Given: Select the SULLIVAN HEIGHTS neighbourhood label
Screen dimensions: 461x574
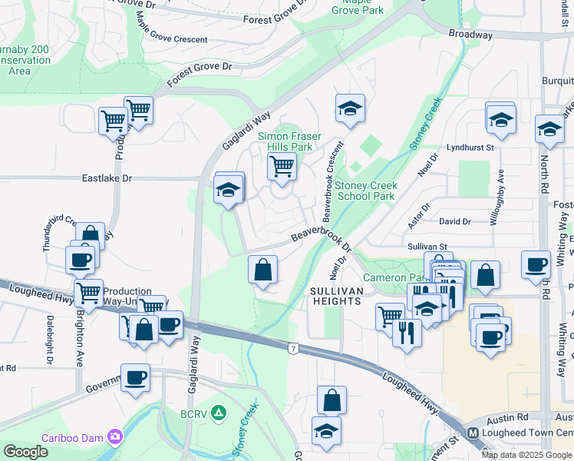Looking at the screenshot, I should pyautogui.click(x=335, y=296).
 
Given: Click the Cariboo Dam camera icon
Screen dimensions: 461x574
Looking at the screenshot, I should pyautogui.click(x=116, y=436).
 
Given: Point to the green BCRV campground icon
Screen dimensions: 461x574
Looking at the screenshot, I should pyautogui.click(x=219, y=413).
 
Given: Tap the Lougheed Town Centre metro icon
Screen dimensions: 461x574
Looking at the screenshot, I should pyautogui.click(x=473, y=433).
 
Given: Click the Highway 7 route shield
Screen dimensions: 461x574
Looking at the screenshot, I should pyautogui.click(x=293, y=349).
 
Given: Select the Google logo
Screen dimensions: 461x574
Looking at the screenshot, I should pyautogui.click(x=25, y=452).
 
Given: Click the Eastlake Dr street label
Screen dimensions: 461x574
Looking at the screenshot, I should pyautogui.click(x=107, y=178).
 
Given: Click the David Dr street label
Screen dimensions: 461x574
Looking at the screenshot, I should pyautogui.click(x=455, y=221).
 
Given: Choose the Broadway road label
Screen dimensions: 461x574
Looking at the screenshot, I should pyautogui.click(x=470, y=35).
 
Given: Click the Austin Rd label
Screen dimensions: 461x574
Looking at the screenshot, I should pyautogui.click(x=512, y=416).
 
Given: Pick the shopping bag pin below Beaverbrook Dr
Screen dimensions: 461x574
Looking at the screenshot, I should pyautogui.click(x=262, y=270).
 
